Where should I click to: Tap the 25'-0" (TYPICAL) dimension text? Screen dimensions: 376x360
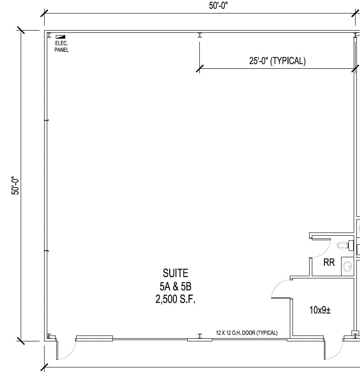click(277, 61)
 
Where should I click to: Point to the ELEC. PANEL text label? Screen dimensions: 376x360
click(62, 47)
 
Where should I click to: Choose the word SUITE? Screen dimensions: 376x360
click(175, 273)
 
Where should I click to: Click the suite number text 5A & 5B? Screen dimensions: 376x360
click(175, 286)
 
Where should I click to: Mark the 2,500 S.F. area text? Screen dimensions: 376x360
click(175, 300)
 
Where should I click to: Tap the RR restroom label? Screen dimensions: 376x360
click(329, 262)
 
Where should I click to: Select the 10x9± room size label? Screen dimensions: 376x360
click(319, 310)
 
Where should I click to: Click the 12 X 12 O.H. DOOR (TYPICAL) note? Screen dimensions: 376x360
click(247, 333)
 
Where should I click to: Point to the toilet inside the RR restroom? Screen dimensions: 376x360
click(344, 246)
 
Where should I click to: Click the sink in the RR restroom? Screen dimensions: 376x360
click(348, 266)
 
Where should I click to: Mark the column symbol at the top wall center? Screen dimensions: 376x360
click(199, 35)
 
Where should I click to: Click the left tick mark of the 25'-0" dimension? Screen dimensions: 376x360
click(199, 68)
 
